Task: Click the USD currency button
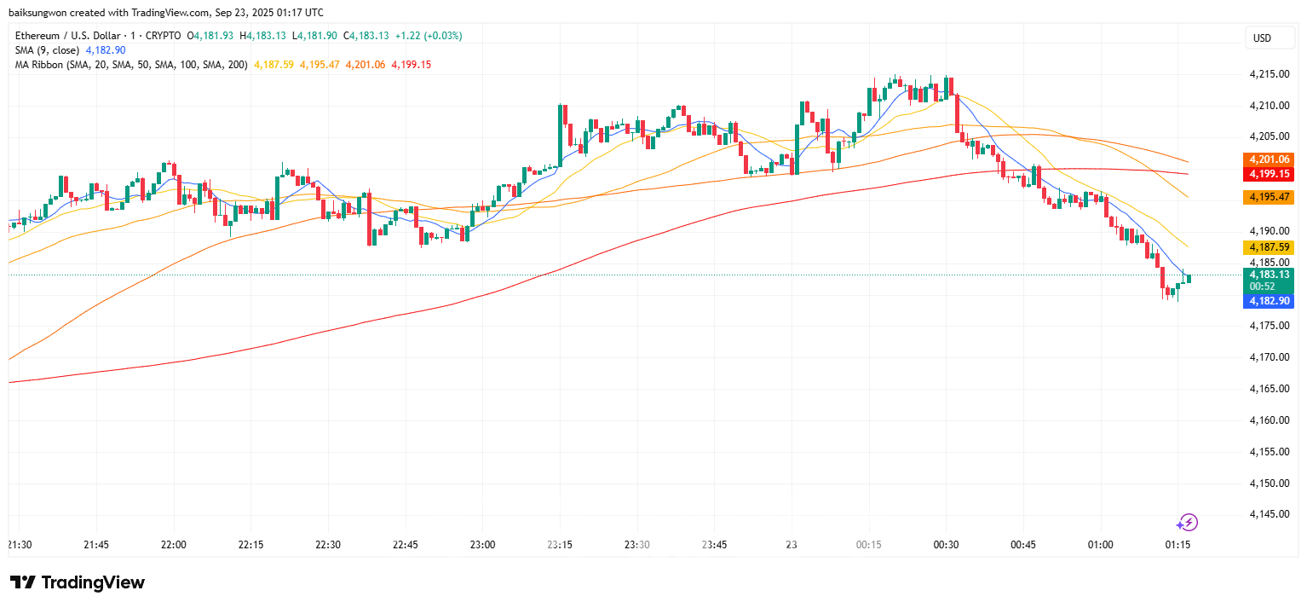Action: [x=1261, y=38]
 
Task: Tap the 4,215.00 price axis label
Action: [x=1269, y=74]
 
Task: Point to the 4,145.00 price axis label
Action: [x=1269, y=514]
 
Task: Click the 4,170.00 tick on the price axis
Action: [x=1269, y=357]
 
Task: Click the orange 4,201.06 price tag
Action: [x=1270, y=159]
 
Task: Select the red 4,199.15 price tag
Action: [x=1270, y=173]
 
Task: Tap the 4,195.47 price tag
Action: [x=1270, y=197]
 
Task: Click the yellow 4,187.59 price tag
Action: [x=1270, y=247]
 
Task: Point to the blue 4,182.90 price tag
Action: [x=1270, y=301]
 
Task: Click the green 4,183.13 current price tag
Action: [x=1270, y=275]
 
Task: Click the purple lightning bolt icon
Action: [x=1188, y=523]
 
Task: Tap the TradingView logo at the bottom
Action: [x=78, y=582]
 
